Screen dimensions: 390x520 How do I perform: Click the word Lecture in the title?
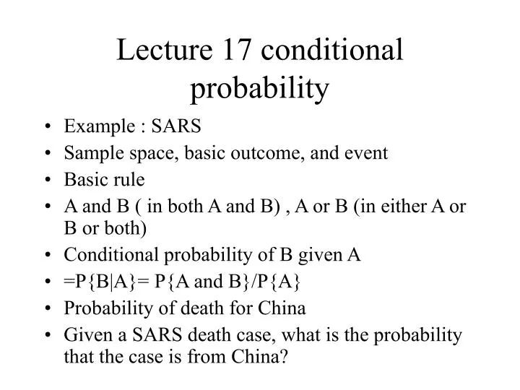[160, 52]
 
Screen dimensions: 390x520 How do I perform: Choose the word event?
[369, 152]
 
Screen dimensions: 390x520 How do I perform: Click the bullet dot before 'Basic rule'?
[47, 179]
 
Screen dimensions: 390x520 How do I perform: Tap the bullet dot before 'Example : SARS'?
[47, 127]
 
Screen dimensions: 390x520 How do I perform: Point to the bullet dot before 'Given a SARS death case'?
[47, 334]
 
